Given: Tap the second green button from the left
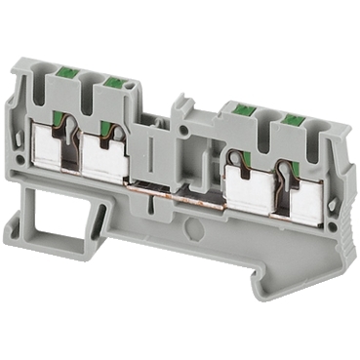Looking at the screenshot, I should (x=113, y=86).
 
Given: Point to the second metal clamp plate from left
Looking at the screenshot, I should (x=104, y=156).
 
